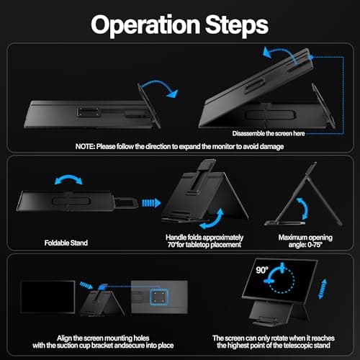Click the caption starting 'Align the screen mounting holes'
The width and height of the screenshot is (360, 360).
coord(95,342)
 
